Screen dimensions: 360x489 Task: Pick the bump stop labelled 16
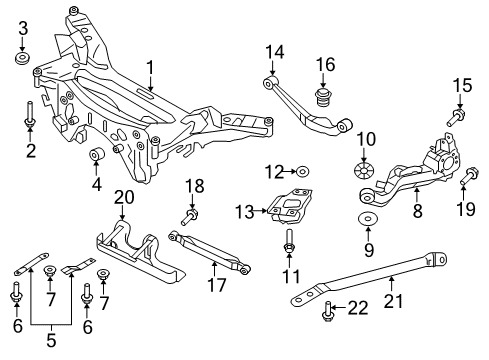[x=324, y=99]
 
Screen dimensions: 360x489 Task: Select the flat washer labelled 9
[x=365, y=221]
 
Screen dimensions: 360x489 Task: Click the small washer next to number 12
[x=304, y=172]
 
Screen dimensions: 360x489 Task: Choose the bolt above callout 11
[x=289, y=241]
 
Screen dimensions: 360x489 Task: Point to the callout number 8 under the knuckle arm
[x=419, y=211]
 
